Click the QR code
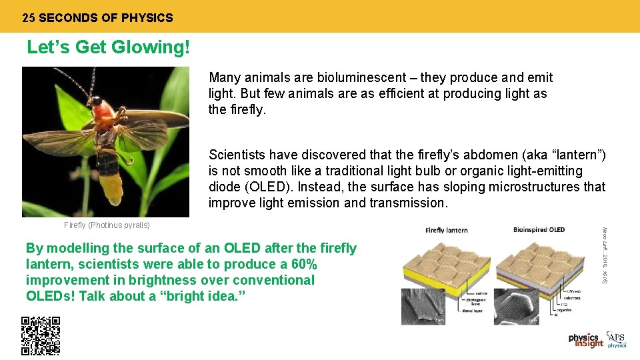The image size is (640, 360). click(x=41, y=335)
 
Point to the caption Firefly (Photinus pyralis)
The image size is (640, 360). click(x=107, y=225)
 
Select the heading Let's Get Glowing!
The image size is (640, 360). click(x=109, y=48)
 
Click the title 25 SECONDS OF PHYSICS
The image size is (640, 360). click(x=97, y=18)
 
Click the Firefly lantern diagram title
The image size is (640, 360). click(x=446, y=230)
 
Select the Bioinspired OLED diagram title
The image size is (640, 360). click(x=539, y=230)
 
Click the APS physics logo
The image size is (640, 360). click(x=617, y=340)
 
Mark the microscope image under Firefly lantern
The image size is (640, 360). click(x=423, y=306)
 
